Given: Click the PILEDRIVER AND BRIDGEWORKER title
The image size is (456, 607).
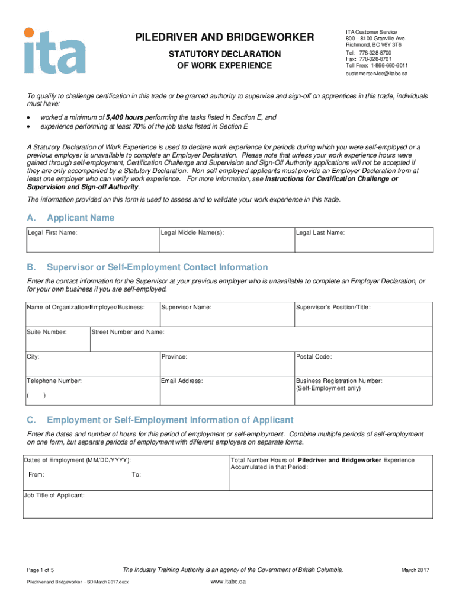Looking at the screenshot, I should (x=224, y=38).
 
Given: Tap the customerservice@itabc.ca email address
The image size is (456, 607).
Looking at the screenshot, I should (x=376, y=74).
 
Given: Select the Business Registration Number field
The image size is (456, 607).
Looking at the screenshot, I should (x=362, y=391).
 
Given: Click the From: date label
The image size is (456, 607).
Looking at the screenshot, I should (x=36, y=475).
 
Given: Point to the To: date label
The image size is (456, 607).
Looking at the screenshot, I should (x=136, y=475).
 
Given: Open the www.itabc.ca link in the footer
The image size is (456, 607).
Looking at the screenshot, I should (x=228, y=582).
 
